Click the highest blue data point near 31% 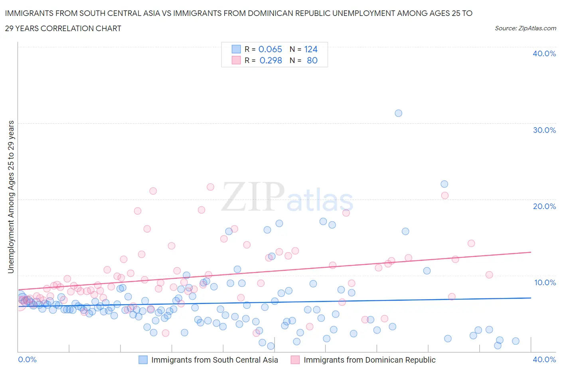pos(398,113)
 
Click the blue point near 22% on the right pos(444,184)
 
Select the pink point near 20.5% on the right pos(445,195)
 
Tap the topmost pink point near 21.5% pos(210,187)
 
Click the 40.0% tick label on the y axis pos(544,53)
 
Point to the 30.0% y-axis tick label pos(544,130)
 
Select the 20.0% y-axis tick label pos(544,206)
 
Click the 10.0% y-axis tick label pos(544,282)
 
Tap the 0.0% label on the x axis pos(28,359)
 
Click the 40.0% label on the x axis pos(544,359)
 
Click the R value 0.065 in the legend pos(270,49)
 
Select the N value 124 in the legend pos(311,49)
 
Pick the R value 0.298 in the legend pos(271,60)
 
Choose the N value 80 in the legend pos(312,60)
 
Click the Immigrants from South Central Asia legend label pos(215,360)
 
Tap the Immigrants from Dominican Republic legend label pos(369,360)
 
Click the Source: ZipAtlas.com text pos(525,28)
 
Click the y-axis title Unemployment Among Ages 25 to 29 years pos(11,197)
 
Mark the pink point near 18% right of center pos(346,213)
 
